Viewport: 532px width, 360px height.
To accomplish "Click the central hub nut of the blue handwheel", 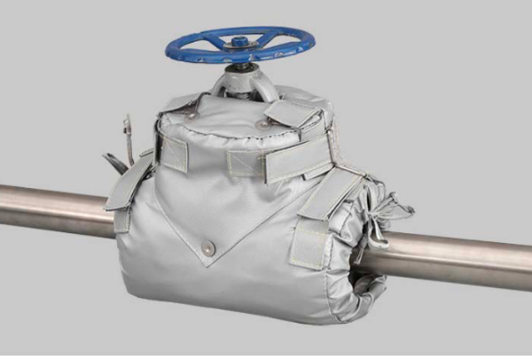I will pos(239,41).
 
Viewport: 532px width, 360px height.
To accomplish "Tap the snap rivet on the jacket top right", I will pos(262,126).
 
